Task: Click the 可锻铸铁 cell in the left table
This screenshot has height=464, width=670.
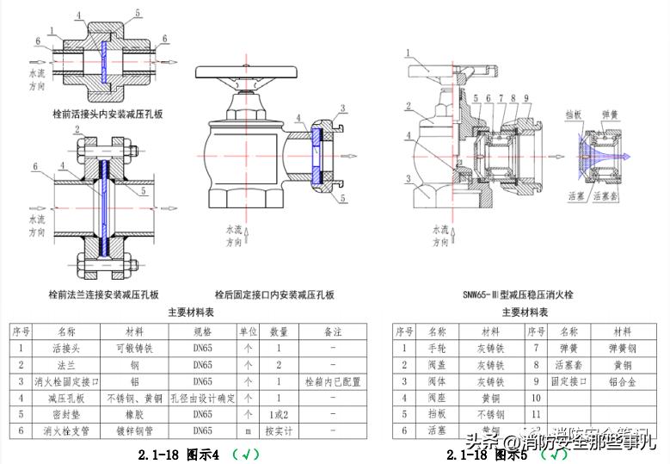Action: pos(134,349)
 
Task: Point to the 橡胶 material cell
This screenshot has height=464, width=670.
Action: pos(134,414)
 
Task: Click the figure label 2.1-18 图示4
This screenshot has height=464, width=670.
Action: pos(180,453)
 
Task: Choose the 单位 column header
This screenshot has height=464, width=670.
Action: pos(248,331)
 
